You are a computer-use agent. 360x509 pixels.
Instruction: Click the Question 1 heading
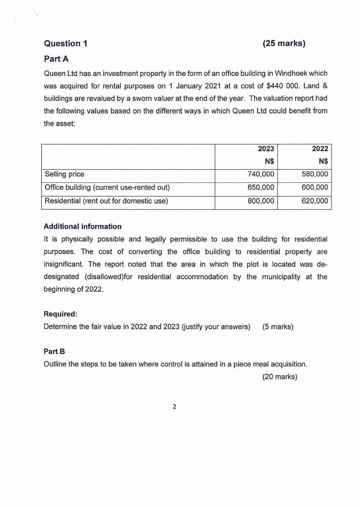pyautogui.click(x=66, y=44)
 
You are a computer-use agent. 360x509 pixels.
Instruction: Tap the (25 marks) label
pyautogui.click(x=284, y=44)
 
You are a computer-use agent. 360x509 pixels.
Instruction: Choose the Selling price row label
pyautogui.click(x=64, y=174)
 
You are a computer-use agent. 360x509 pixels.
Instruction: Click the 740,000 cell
pyautogui.click(x=261, y=174)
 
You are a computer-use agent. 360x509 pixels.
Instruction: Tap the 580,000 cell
pyautogui.click(x=315, y=174)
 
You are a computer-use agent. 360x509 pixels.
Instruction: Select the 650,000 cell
pyautogui.click(x=261, y=187)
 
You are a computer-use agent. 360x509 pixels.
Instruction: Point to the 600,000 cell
pyautogui.click(x=315, y=187)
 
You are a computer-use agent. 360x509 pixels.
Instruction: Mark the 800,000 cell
pyautogui.click(x=261, y=201)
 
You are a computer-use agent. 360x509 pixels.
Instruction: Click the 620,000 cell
pyautogui.click(x=315, y=201)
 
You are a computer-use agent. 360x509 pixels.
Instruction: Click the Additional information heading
pyautogui.click(x=83, y=226)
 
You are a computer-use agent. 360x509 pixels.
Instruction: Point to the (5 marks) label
pyautogui.click(x=278, y=326)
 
